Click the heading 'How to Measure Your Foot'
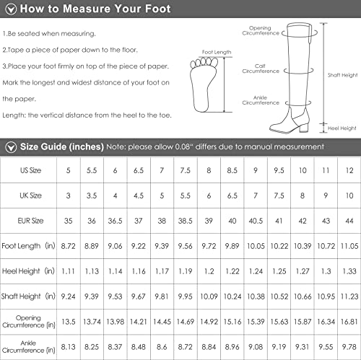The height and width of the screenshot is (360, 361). point(95,9)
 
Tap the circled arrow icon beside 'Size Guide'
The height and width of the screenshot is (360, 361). point(11,147)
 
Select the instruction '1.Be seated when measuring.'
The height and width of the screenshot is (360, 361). point(49,34)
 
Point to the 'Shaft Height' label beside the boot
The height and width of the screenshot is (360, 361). point(342,75)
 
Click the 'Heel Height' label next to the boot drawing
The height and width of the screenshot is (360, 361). point(342,128)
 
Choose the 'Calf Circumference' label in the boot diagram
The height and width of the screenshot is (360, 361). point(261,69)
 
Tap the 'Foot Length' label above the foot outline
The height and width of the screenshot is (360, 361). point(217,52)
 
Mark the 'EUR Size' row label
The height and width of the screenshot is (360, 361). point(30,221)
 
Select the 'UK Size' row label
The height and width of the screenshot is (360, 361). point(30,196)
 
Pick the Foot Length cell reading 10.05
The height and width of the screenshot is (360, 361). point(256,246)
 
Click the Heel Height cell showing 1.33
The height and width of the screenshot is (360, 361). point(349,271)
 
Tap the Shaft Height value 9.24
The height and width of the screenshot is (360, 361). point(68,297)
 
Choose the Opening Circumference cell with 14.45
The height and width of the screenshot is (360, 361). point(162,322)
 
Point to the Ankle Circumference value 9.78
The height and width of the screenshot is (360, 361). point(349,347)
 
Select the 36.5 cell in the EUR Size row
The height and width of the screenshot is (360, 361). point(115,221)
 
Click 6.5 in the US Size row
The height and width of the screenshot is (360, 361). point(139,170)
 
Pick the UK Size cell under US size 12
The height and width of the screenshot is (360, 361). point(349,196)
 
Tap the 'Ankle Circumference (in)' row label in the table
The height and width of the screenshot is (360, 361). point(28,346)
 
